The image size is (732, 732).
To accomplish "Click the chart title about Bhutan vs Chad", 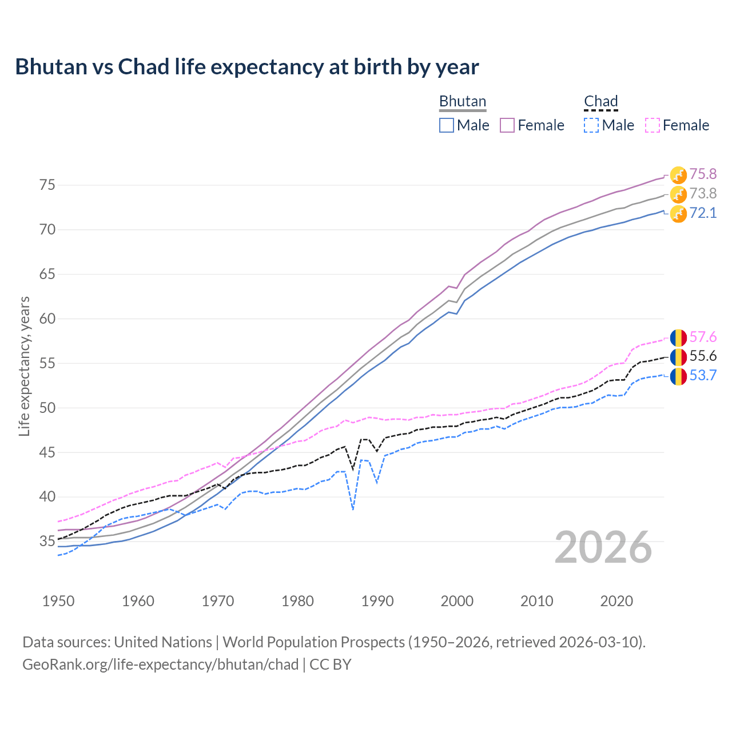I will [x=246, y=67].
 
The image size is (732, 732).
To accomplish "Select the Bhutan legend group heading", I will [x=462, y=101].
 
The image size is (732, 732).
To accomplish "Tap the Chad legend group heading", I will [x=600, y=101].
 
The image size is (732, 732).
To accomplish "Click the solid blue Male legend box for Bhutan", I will [x=447, y=125].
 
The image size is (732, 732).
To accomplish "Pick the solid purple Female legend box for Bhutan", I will [x=508, y=125].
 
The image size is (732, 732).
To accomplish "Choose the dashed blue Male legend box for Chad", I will [x=591, y=125].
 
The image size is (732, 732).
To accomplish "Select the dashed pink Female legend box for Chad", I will [x=653, y=125].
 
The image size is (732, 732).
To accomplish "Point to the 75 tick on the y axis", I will [x=47, y=185].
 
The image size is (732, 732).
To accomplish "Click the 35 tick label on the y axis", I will [x=47, y=541].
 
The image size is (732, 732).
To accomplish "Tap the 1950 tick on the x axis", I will [x=58, y=601].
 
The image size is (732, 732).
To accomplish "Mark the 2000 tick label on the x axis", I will [x=457, y=601].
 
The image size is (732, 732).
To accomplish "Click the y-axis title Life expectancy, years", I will [x=24, y=366].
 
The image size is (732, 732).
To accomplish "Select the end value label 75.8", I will [x=703, y=174].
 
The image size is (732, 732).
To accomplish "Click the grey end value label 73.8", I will [x=703, y=193].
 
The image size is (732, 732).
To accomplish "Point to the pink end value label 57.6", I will [x=703, y=337].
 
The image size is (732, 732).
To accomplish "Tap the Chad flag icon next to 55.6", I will [x=678, y=357].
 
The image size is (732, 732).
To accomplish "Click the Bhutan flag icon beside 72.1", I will [x=678, y=214].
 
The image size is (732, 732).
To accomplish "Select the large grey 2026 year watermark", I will [x=603, y=547].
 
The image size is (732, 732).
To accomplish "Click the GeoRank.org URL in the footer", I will [x=160, y=665].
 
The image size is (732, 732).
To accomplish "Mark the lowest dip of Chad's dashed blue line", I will [x=353, y=508].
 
